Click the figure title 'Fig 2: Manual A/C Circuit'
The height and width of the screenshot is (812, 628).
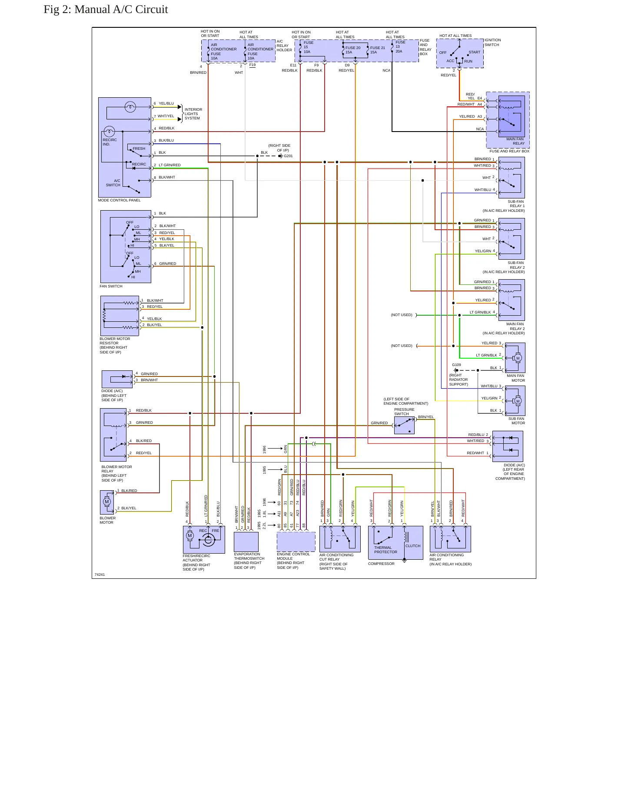(x=106, y=10)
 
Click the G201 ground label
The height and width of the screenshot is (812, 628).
(x=288, y=156)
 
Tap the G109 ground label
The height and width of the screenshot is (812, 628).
(x=456, y=365)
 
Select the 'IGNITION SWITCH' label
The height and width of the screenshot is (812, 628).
(x=492, y=43)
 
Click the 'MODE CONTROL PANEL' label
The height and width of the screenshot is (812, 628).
(x=120, y=200)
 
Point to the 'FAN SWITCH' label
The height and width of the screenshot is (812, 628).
(x=111, y=286)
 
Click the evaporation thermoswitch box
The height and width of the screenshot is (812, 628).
(x=246, y=541)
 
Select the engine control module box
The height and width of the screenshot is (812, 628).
(x=296, y=541)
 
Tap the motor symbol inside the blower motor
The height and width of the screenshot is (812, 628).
(x=107, y=502)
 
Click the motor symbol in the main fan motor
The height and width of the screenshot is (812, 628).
(x=518, y=358)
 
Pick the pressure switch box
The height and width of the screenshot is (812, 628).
(x=404, y=425)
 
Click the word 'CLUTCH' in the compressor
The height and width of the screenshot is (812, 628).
(x=413, y=546)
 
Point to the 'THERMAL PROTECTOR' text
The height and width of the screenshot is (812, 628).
(x=385, y=550)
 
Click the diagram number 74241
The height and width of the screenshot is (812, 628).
(x=100, y=574)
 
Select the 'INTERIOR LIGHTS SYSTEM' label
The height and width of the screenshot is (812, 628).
(x=193, y=114)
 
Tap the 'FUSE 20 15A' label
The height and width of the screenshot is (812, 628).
(x=353, y=50)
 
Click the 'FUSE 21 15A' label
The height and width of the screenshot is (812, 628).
(x=378, y=50)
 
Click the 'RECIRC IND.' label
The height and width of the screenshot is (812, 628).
(x=110, y=142)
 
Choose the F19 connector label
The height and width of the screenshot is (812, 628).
(x=253, y=65)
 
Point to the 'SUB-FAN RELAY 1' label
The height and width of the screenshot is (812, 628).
(x=516, y=204)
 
